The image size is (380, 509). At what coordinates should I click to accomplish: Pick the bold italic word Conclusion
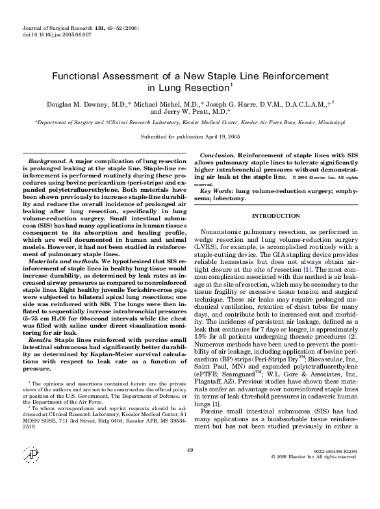217,155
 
